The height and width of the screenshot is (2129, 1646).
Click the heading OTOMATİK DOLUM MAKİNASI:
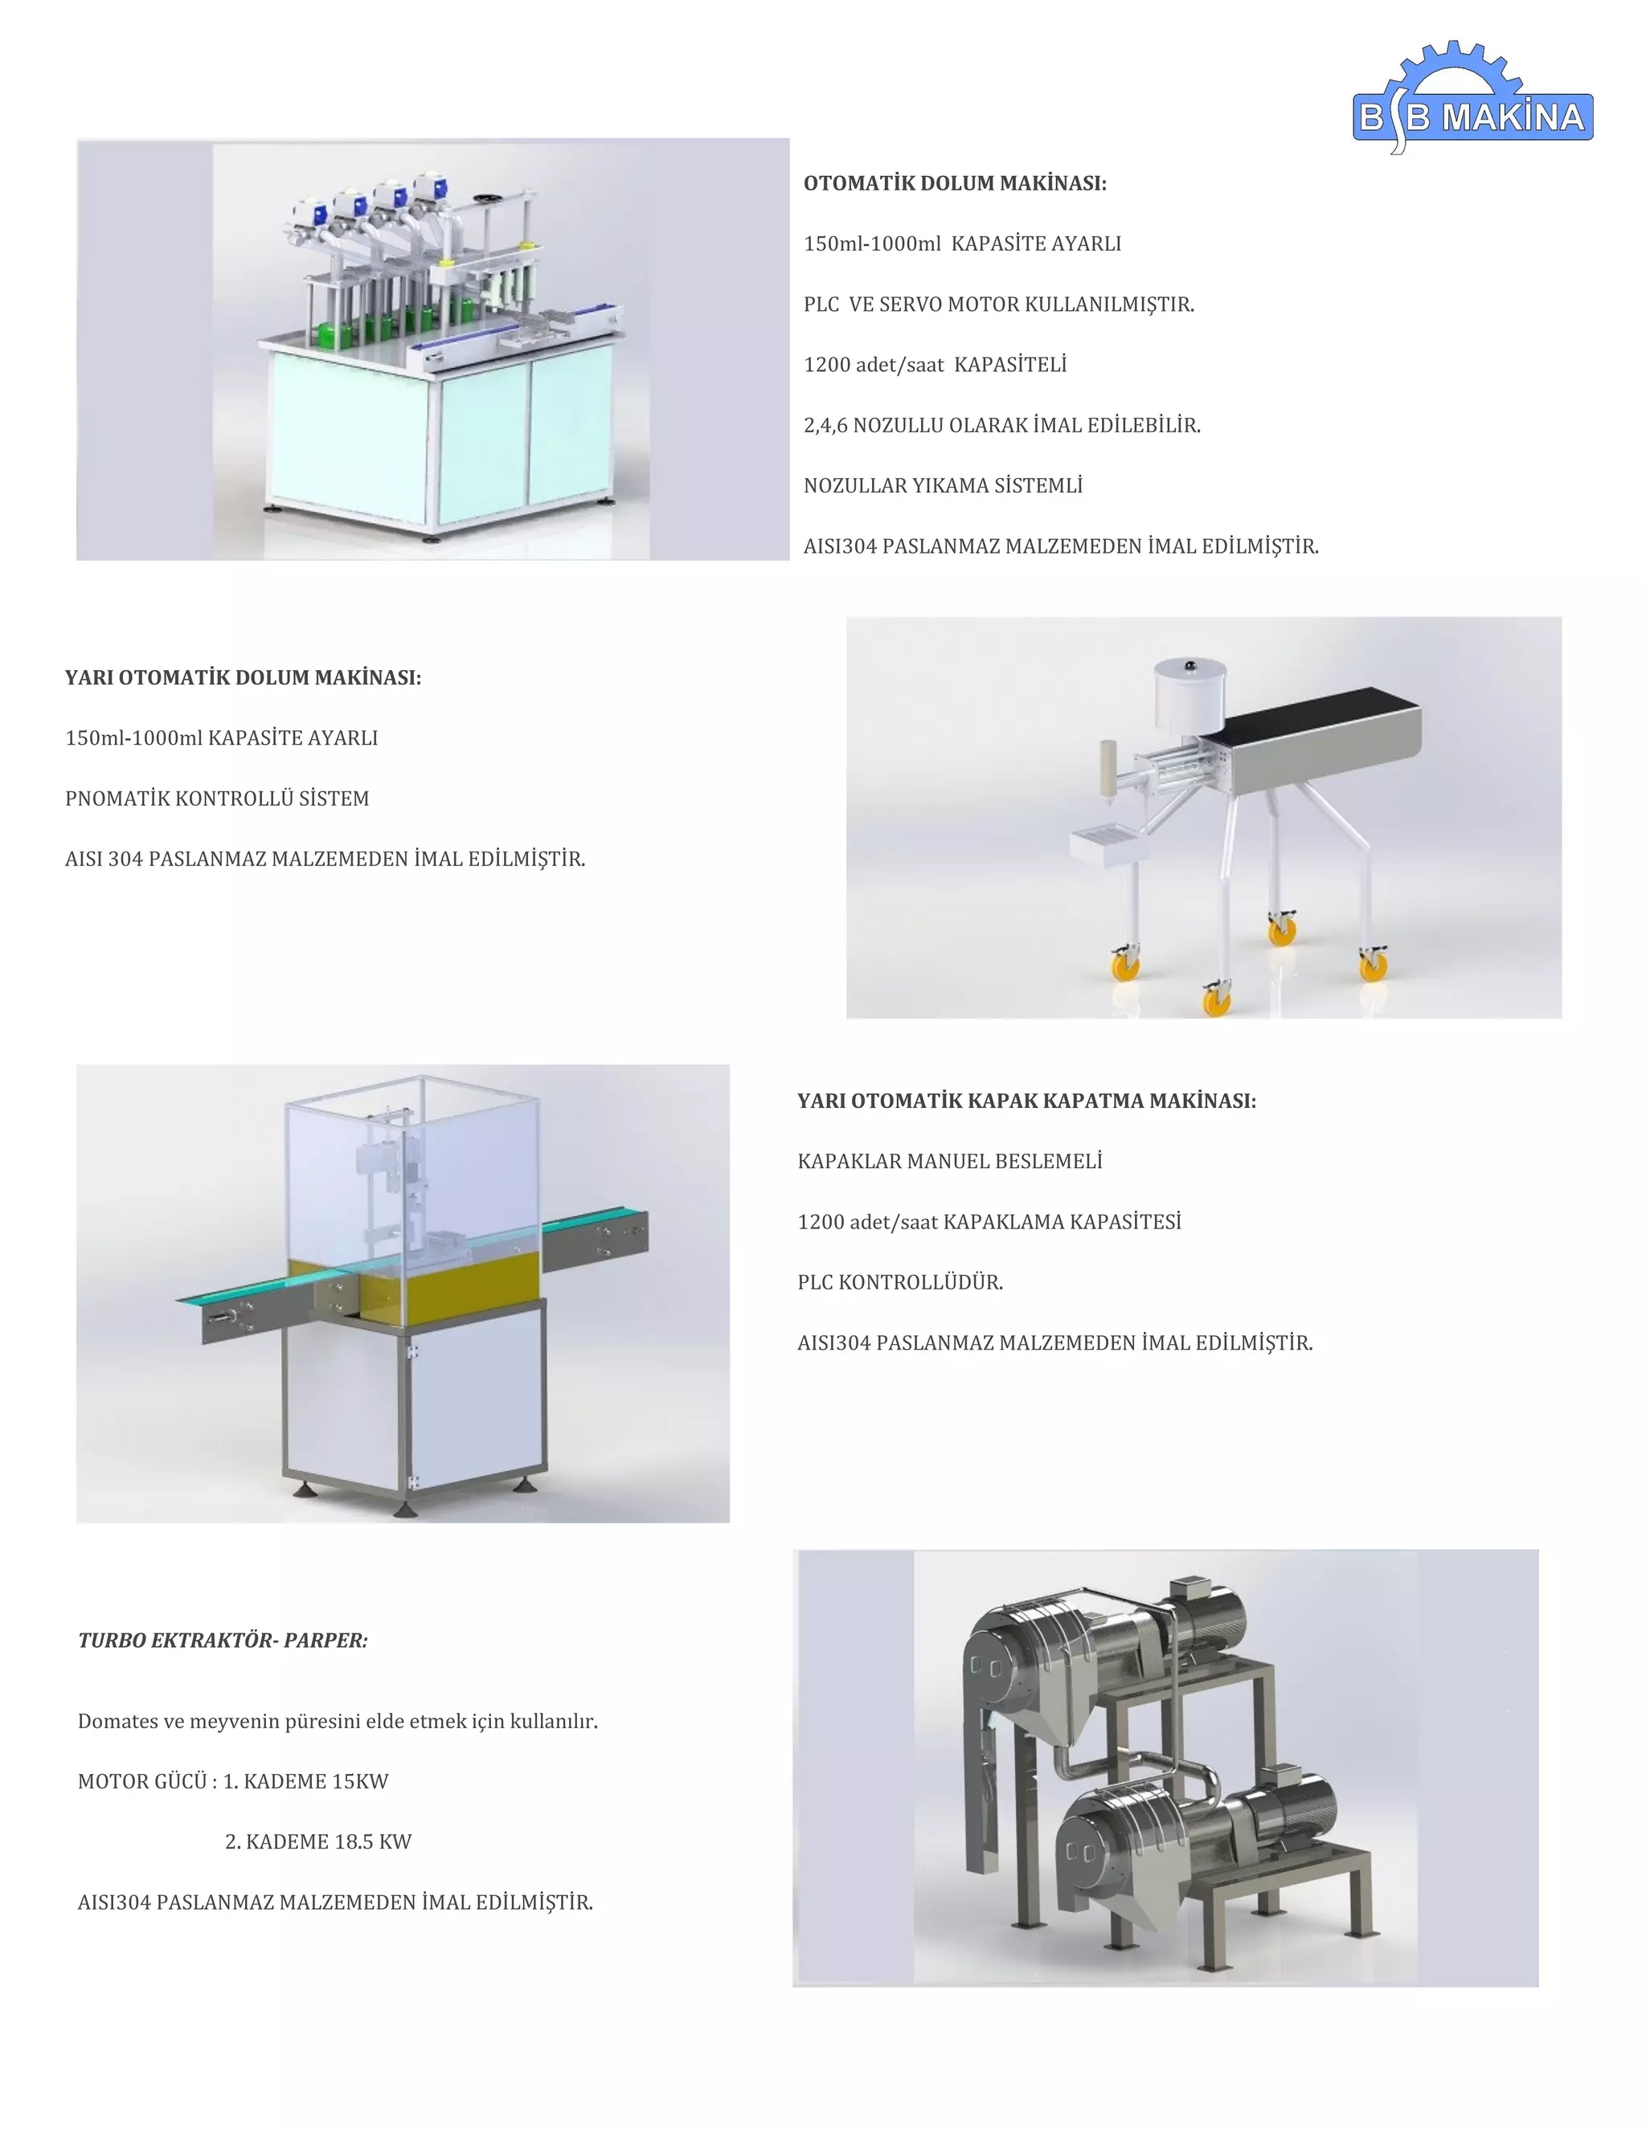coord(955,183)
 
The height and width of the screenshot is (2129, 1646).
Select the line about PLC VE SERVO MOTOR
coord(998,304)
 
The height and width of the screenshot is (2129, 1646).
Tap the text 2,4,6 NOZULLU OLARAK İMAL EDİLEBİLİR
coord(1001,425)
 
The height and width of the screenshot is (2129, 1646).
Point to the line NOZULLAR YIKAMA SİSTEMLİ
coord(943,485)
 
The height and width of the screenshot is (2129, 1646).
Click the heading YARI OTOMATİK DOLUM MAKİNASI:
coord(243,677)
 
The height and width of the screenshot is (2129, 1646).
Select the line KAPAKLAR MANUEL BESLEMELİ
coord(950,1161)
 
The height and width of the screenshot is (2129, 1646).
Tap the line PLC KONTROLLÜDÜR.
coord(900,1282)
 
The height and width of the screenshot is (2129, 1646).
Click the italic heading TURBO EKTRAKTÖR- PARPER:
coord(223,1641)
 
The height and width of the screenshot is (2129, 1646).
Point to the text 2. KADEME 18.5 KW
coord(318,1841)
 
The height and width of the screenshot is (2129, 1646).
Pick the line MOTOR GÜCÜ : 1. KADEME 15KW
coord(233,1781)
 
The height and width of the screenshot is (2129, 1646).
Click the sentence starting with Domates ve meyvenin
coord(338,1721)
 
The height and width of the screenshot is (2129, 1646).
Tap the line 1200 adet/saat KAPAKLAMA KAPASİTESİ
coord(989,1221)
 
